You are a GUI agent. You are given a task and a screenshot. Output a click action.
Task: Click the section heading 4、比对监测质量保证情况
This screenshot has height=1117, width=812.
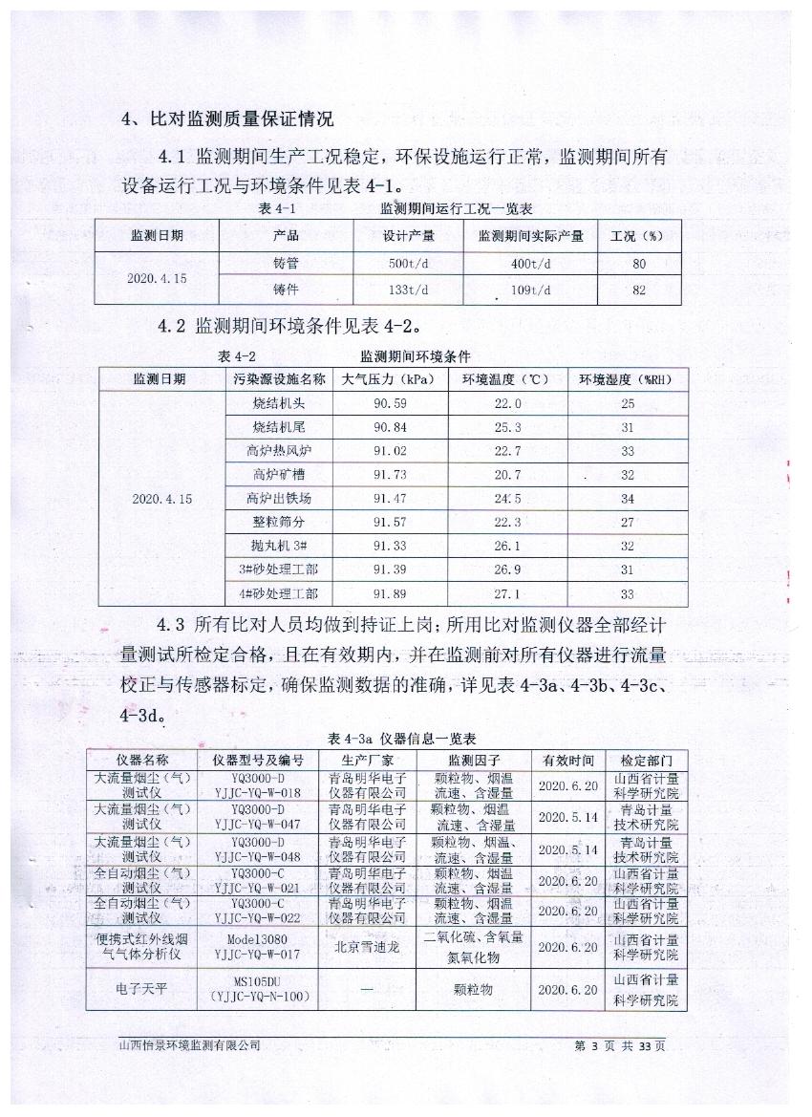(x=228, y=119)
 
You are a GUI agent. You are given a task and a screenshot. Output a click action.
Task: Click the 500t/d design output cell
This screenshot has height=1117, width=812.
(x=410, y=264)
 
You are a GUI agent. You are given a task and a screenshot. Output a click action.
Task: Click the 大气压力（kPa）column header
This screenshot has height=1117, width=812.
(x=394, y=379)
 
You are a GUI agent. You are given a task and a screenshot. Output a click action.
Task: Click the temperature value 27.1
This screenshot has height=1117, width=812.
(x=506, y=593)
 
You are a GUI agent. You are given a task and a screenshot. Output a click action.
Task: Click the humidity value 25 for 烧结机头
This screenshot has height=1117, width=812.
(x=627, y=404)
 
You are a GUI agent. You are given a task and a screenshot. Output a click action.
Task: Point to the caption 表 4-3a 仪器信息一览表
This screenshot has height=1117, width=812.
(x=401, y=739)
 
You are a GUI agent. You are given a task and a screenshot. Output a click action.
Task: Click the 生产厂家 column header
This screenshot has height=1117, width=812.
(x=367, y=761)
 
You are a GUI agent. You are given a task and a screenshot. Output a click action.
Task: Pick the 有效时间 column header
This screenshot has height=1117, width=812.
(x=568, y=761)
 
